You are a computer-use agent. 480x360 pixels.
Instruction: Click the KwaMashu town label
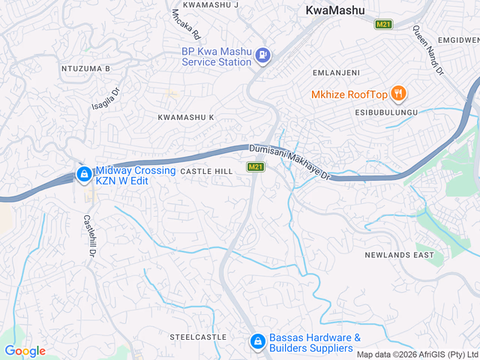pos(335,10)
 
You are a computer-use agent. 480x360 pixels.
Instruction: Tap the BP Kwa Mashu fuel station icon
pos(262,55)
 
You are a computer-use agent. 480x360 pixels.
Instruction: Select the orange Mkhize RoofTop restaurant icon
pos(399,94)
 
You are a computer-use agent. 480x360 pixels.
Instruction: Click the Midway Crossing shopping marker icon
pos(83,175)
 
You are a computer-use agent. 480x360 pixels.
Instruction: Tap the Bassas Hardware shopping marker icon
pos(256,341)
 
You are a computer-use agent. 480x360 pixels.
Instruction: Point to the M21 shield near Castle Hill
pos(255,166)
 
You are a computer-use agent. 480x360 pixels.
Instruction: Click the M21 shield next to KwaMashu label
pos(383,24)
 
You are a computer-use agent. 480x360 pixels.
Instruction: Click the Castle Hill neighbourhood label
pos(206,172)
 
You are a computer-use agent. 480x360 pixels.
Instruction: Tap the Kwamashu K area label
pos(185,118)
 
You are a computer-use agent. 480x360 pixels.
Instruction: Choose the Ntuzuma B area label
pos(85,68)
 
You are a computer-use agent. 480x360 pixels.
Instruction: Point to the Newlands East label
pos(399,255)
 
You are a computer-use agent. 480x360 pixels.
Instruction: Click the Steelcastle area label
pos(198,337)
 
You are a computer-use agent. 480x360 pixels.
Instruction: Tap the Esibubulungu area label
pos(387,112)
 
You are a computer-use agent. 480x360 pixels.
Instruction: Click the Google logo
pos(25,351)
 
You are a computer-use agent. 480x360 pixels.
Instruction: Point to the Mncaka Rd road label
pos(186,24)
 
